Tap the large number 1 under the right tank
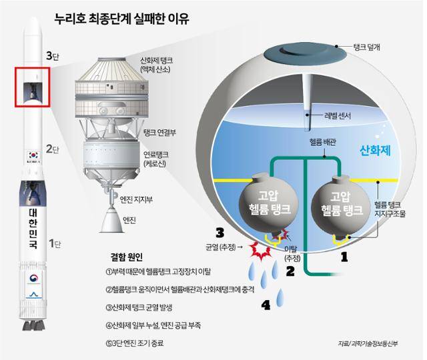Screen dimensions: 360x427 click(345, 255)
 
